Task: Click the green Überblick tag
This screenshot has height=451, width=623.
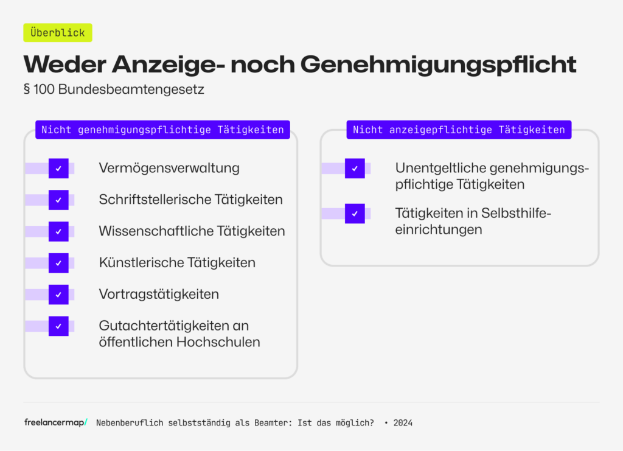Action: [x=58, y=33]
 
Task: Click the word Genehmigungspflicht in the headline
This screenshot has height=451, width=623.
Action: [x=438, y=64]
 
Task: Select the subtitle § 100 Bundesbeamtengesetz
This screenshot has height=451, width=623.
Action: [x=113, y=89]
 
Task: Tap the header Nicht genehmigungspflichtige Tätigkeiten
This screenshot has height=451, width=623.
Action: [x=162, y=130]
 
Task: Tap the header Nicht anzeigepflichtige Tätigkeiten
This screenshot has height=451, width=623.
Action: [x=459, y=130]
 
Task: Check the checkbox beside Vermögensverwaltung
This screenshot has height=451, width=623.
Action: [x=58, y=168]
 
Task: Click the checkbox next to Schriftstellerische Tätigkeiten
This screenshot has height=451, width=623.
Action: [x=58, y=200]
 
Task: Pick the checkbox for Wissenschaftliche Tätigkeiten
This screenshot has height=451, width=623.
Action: [x=58, y=231]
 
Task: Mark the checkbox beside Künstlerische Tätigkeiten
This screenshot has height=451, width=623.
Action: [x=58, y=263]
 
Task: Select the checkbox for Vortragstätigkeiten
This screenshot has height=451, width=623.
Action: [x=58, y=295]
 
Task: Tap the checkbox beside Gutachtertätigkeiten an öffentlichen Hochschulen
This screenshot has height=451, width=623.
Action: [x=58, y=326]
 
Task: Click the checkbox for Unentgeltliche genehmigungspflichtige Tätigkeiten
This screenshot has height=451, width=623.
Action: [x=355, y=168]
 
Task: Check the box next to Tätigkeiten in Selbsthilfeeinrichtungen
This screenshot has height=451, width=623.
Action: [x=355, y=214]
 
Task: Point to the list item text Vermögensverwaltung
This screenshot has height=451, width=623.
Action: [x=169, y=168]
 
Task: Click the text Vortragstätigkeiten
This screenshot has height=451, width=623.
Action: [x=159, y=295]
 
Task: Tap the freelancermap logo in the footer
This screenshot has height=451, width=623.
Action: [x=56, y=422]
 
